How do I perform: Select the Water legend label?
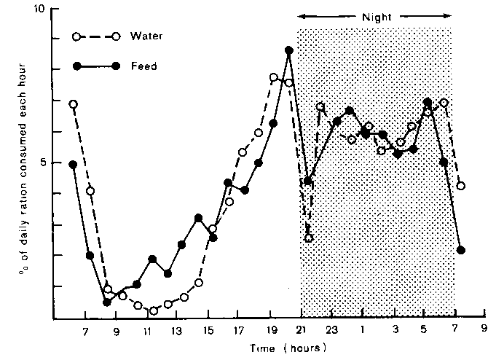(146, 36)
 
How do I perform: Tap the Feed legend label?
(143, 66)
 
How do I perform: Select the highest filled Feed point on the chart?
(289, 51)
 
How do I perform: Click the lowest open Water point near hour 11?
(153, 311)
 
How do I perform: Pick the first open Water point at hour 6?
(73, 104)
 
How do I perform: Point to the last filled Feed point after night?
(460, 250)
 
